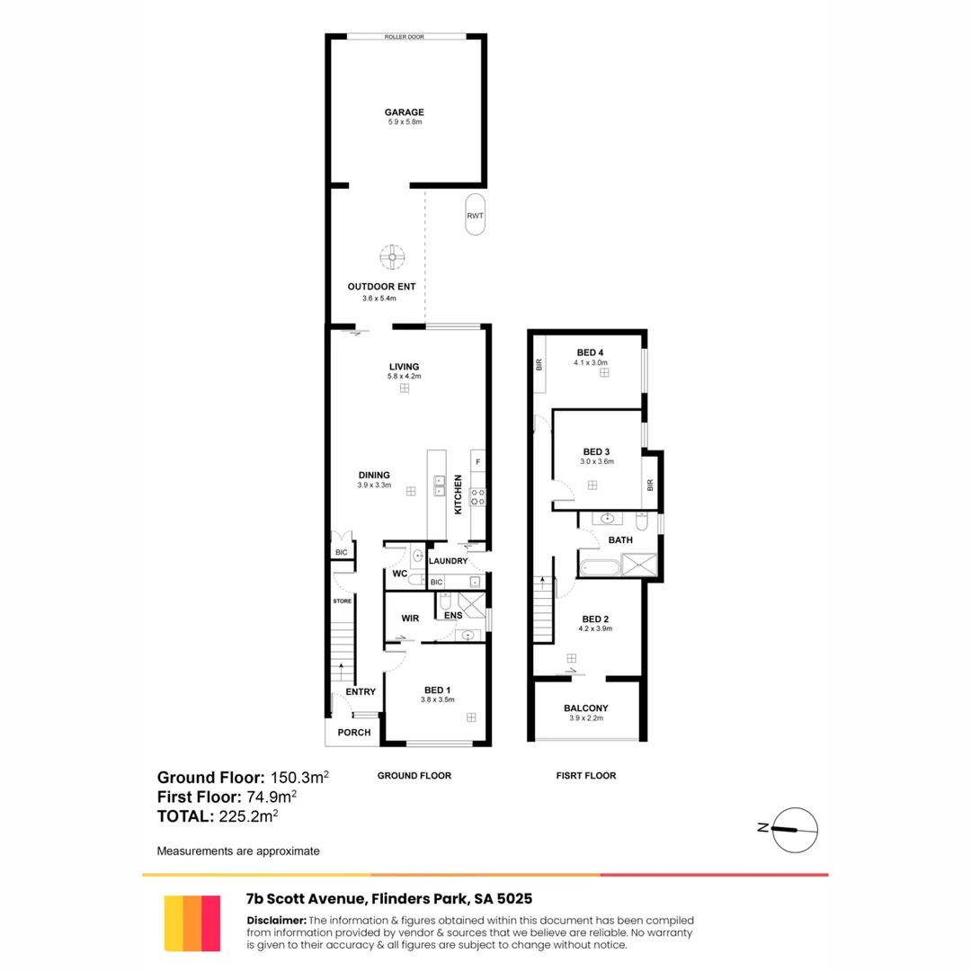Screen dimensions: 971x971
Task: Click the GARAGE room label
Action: (406, 112)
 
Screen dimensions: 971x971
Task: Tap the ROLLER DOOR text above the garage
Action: (405, 37)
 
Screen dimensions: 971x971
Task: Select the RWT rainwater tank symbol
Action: (475, 215)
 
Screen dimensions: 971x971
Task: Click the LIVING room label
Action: (405, 366)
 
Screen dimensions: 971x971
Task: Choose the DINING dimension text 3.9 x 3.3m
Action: (374, 485)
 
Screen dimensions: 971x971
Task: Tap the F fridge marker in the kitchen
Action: (477, 462)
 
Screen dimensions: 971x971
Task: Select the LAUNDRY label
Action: (448, 562)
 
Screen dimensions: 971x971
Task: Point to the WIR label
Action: (409, 619)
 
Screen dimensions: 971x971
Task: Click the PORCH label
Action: (353, 732)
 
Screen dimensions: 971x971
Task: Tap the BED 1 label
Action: (439, 690)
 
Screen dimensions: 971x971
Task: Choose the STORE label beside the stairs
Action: (342, 601)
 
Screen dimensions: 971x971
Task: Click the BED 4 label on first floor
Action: (590, 352)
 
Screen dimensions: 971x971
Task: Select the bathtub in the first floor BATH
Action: (600, 567)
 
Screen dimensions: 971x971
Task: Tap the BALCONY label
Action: (586, 708)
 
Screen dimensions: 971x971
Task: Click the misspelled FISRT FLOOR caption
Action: (585, 775)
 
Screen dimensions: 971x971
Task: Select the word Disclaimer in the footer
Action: (276, 920)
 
